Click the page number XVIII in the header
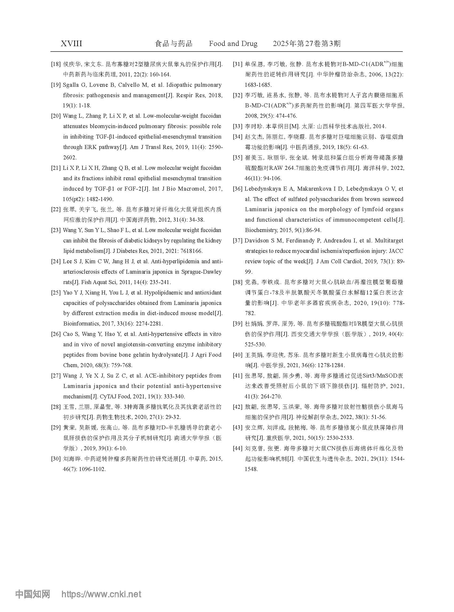(x=71, y=44)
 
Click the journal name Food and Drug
(x=233, y=44)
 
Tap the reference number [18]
(x=56, y=64)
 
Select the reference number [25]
(x=56, y=293)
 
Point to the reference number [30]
(x=56, y=458)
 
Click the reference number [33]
(x=238, y=127)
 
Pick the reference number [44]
(x=238, y=448)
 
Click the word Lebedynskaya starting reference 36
(x=261, y=189)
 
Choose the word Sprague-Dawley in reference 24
(x=202, y=272)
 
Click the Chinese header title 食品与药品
(x=173, y=44)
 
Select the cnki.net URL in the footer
(x=101, y=594)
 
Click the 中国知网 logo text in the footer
(x=33, y=594)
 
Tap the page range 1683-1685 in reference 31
(x=258, y=85)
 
